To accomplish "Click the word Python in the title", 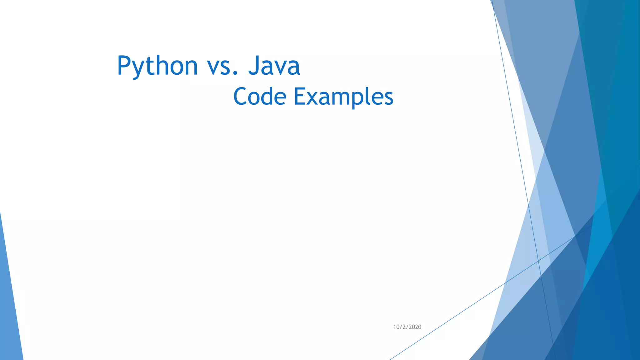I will [x=157, y=66].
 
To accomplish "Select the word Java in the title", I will [x=274, y=66].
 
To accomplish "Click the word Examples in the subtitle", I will [x=343, y=97].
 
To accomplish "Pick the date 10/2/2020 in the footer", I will [x=407, y=327].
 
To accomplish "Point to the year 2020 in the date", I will [x=415, y=327].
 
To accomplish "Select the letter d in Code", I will [x=267, y=96].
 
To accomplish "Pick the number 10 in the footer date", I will [x=396, y=327].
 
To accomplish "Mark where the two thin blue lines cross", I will [x=538, y=260].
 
